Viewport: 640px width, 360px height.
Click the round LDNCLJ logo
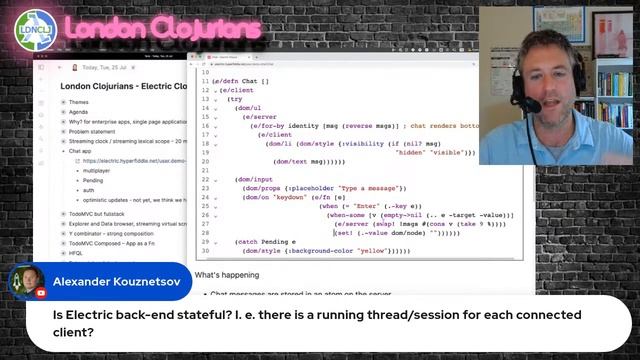coord(33,30)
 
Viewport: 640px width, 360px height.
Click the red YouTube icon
coord(41,294)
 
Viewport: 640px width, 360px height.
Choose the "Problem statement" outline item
coord(97,131)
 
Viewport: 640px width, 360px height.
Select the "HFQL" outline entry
coord(78,253)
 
